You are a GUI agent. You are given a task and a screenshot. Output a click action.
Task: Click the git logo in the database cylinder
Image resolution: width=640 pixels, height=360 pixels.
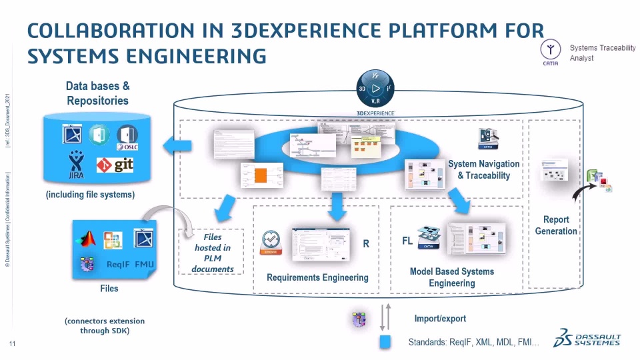[x=115, y=164]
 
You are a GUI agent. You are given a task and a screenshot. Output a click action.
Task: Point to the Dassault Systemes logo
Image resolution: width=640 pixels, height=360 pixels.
[x=587, y=339]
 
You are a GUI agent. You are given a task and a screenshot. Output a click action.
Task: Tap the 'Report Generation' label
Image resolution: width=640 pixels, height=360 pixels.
[x=556, y=225]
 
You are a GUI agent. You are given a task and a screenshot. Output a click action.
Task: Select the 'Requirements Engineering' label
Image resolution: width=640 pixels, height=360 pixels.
[x=317, y=277]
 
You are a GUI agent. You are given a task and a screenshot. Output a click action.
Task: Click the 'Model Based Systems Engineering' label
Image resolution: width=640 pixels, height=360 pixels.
[x=452, y=277]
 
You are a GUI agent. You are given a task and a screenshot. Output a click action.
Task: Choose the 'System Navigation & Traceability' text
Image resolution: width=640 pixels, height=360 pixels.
[x=483, y=169]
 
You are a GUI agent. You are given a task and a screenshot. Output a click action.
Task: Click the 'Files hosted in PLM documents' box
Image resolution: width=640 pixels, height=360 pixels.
[x=212, y=253]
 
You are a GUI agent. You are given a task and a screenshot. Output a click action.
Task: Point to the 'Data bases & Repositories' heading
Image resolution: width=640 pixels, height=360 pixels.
[x=97, y=93]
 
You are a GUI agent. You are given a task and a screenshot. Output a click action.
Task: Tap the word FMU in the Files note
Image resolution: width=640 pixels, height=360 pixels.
[x=145, y=265]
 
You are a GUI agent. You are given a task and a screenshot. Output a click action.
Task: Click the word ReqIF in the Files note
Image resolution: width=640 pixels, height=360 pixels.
[x=118, y=265]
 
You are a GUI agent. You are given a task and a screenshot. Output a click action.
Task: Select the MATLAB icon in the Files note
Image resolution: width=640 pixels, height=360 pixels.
[x=87, y=239]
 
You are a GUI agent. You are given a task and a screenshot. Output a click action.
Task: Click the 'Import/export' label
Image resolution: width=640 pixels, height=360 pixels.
[x=440, y=319]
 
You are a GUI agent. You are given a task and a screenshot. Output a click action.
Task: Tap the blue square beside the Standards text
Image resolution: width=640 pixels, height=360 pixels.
[x=385, y=342]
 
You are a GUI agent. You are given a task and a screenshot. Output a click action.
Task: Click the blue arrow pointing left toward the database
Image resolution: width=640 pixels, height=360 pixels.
[x=178, y=144]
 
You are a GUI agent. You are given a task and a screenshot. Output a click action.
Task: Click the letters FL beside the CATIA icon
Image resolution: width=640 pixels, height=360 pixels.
[x=407, y=241]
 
